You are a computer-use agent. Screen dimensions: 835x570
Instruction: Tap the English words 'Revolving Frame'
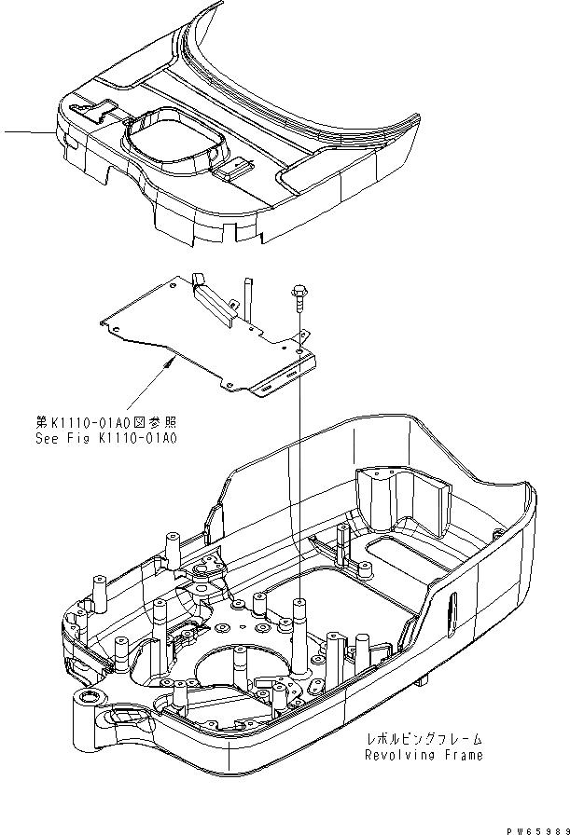424,755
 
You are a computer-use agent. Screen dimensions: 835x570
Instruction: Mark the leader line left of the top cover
28,132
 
